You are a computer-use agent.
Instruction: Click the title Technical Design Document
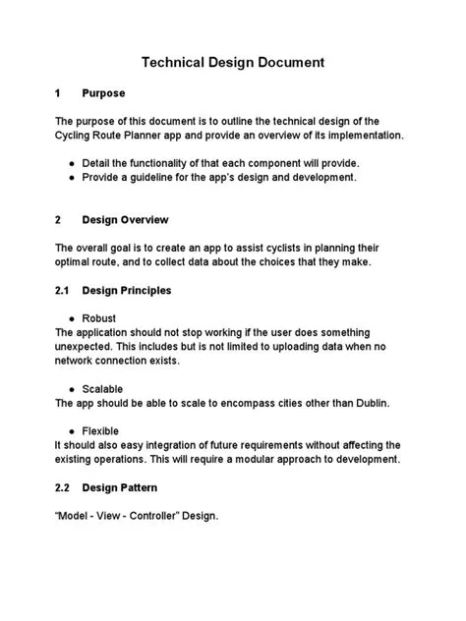click(233, 63)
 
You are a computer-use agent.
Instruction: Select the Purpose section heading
click(103, 93)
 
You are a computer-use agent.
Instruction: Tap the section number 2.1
click(65, 291)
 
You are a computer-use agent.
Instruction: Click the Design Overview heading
click(125, 219)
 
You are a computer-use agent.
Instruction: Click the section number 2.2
click(65, 488)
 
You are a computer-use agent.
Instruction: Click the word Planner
click(159, 135)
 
